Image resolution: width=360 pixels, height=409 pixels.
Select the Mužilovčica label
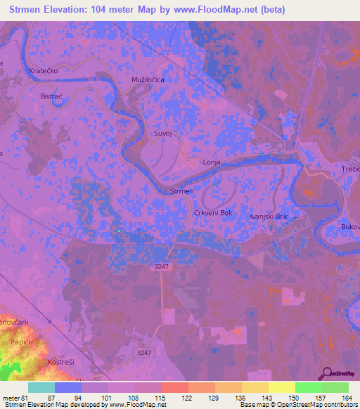pyautogui.click(x=148, y=80)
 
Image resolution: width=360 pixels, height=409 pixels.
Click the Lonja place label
pyautogui.click(x=212, y=162)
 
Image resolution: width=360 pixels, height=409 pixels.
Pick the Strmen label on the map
pyautogui.click(x=181, y=191)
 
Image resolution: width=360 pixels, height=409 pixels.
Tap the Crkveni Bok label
pyautogui.click(x=212, y=212)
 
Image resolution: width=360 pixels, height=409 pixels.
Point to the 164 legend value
pyautogui.click(x=347, y=397)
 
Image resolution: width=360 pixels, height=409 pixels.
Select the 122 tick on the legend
pyautogui.click(x=186, y=397)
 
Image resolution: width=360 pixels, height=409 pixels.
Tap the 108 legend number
pyautogui.click(x=133, y=397)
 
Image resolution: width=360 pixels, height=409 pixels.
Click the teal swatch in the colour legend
pyautogui.click(x=41, y=387)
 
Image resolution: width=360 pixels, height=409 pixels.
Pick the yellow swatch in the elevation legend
pyautogui.click(x=282, y=387)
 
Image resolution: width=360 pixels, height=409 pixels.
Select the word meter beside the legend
pyautogui.click(x=9, y=397)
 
